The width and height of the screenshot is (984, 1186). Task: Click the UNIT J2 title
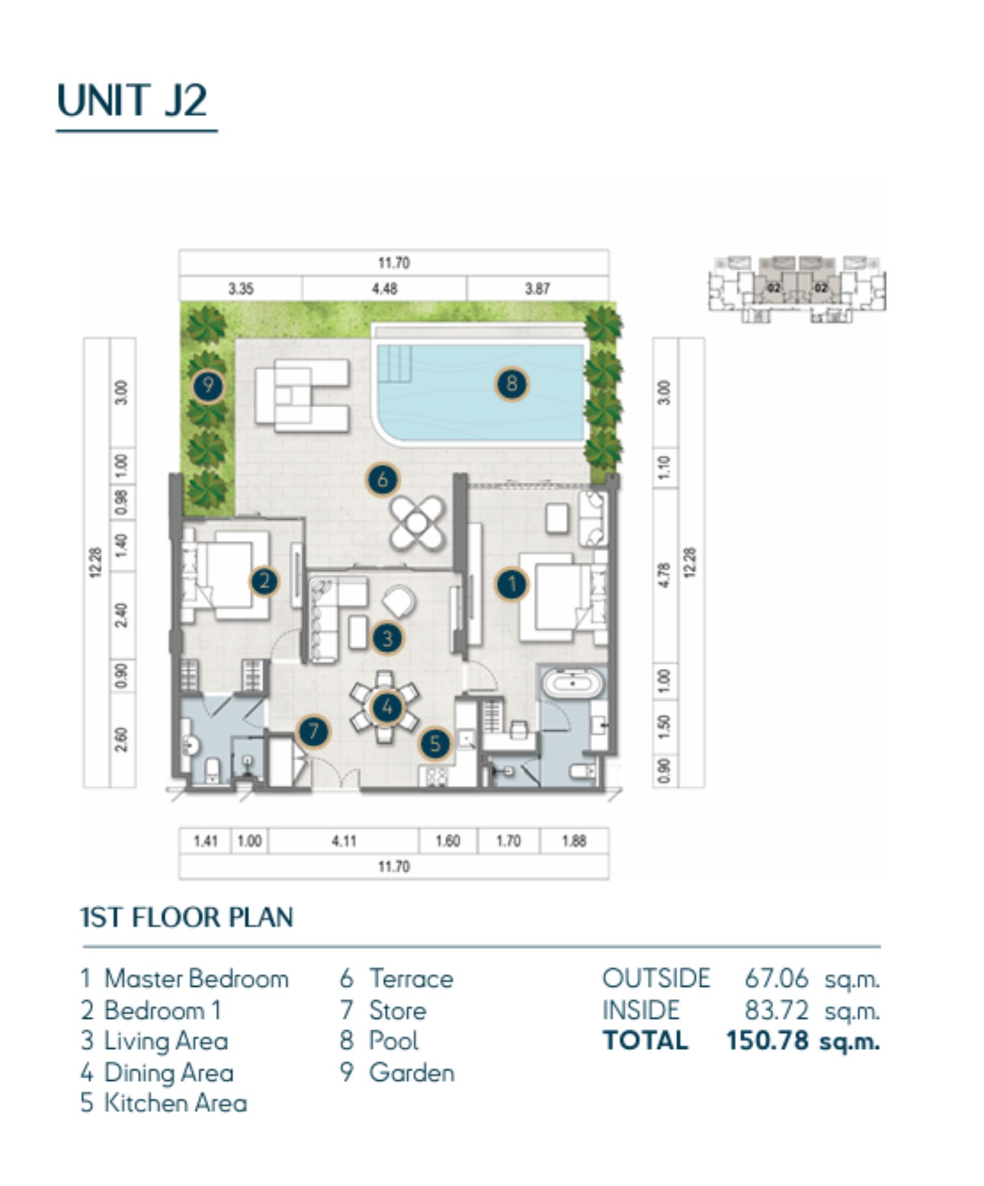tap(132, 100)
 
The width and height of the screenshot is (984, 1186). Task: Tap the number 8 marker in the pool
tap(511, 384)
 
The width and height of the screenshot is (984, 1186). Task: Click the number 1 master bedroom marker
tap(512, 583)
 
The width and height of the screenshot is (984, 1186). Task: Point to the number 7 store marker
tap(314, 731)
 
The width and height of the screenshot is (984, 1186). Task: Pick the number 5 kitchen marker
tap(435, 743)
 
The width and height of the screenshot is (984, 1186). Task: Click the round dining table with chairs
tap(385, 707)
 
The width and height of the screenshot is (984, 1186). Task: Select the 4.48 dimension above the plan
tap(384, 288)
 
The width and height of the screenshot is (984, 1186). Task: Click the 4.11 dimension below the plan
tap(344, 840)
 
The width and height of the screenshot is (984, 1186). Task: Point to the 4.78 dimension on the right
tap(664, 575)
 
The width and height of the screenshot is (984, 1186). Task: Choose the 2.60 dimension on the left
tap(122, 740)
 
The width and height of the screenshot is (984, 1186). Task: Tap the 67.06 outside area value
tap(776, 978)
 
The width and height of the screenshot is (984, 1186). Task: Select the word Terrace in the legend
tap(411, 979)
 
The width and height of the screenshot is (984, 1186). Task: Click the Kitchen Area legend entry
tap(164, 1103)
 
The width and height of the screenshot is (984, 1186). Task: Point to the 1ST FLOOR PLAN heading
tap(187, 917)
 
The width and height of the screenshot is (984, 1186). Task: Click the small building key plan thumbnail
tap(797, 289)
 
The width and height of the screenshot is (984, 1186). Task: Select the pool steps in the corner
tap(394, 356)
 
